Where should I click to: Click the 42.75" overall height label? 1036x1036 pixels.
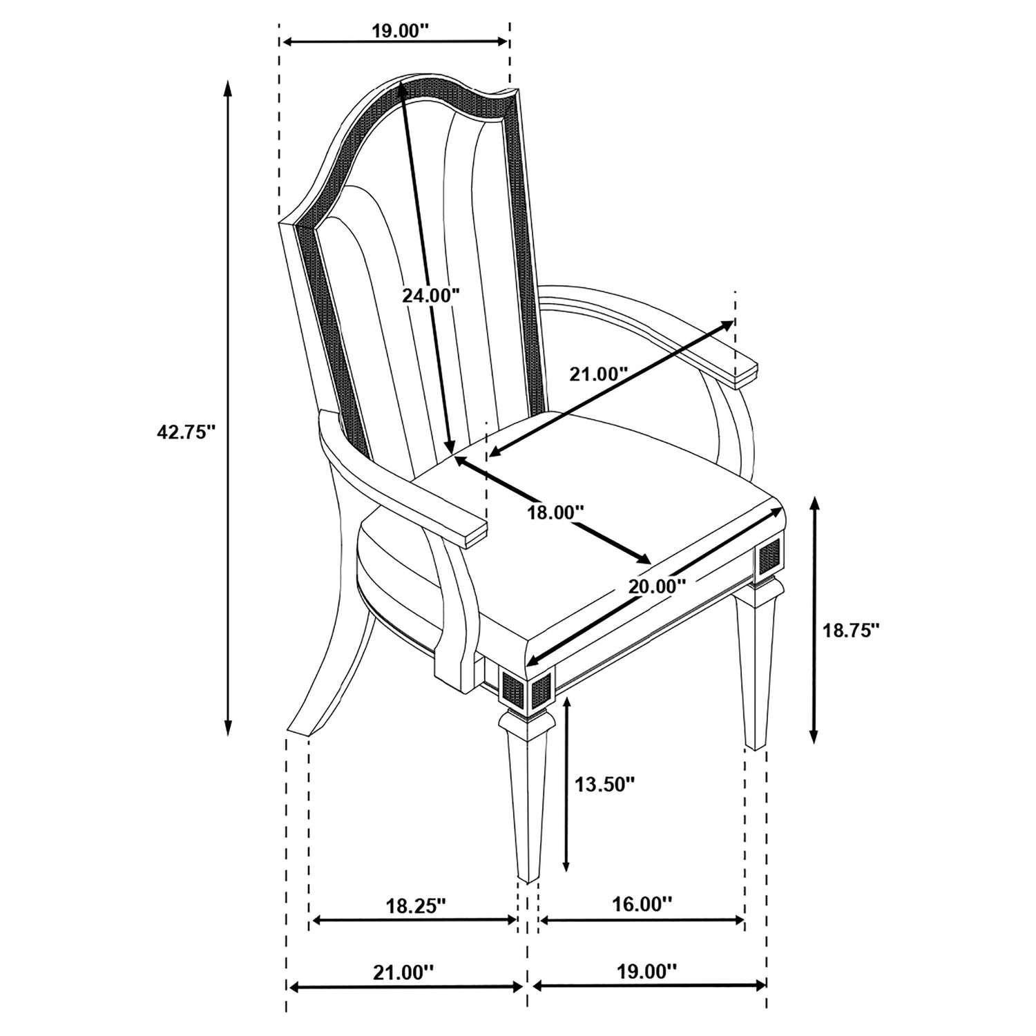tap(187, 432)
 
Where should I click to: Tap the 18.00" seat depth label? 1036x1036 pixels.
tap(555, 512)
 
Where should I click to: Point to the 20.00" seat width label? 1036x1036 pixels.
tap(657, 586)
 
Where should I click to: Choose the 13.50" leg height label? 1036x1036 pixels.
tap(604, 784)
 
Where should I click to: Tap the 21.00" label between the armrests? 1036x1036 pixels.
tap(598, 374)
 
